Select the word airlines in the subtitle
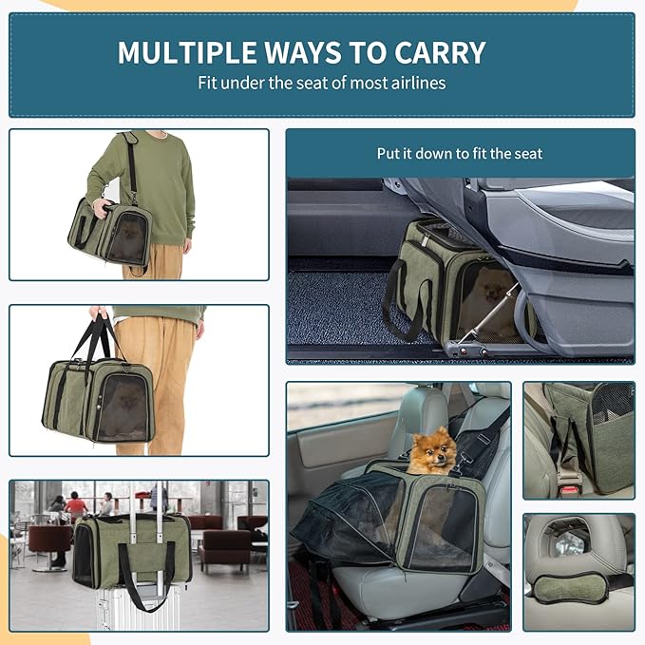tap(416, 83)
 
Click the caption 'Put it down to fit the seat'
tap(460, 153)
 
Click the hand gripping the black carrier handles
tap(100, 313)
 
